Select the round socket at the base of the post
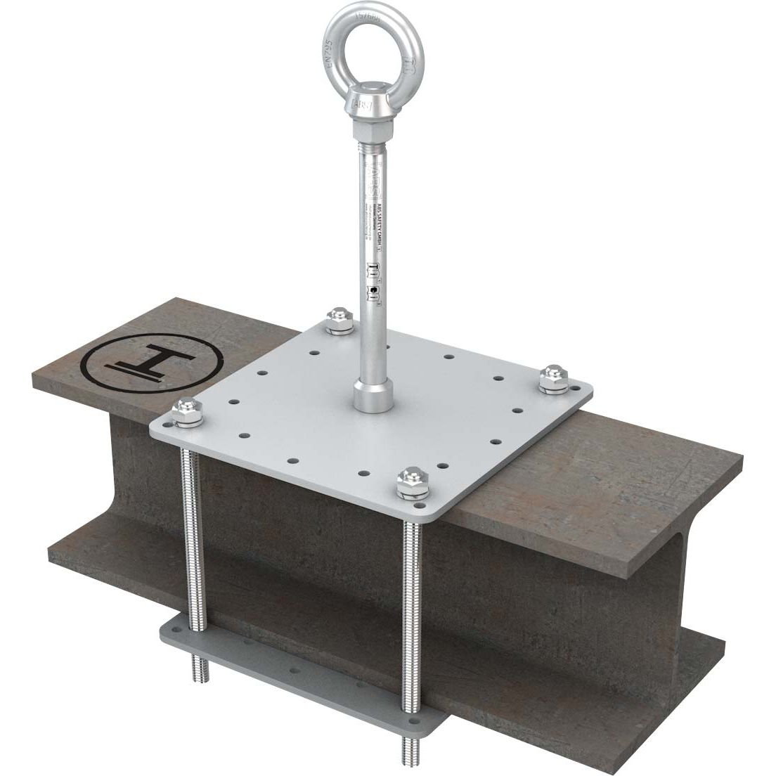[x=370, y=397]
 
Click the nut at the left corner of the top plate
[x=186, y=412]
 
